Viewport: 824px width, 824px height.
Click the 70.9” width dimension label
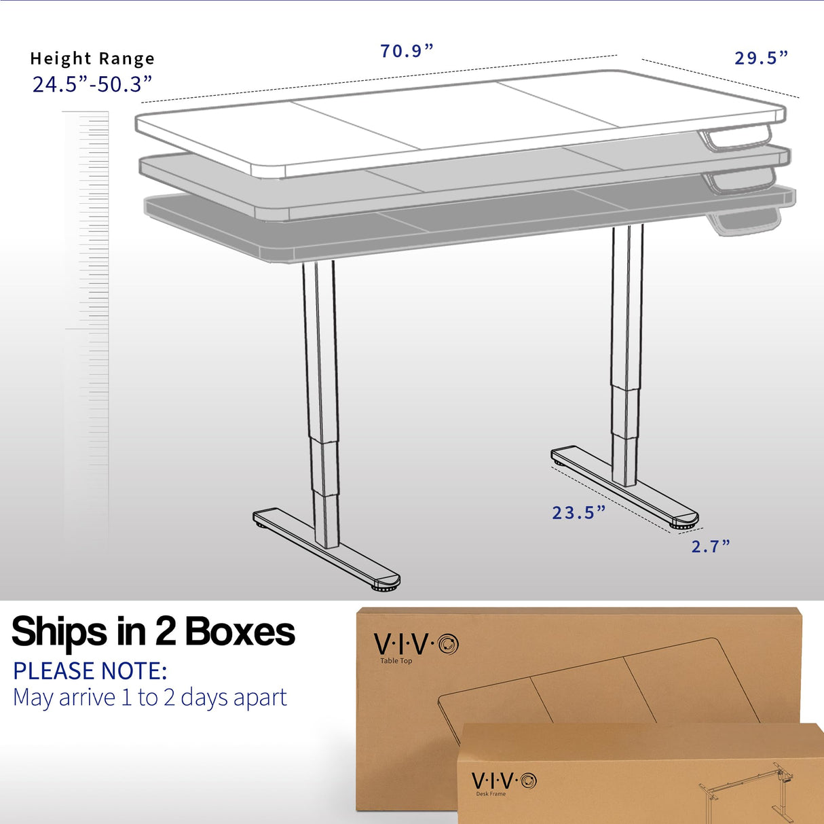tap(407, 51)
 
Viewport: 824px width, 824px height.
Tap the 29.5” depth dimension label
tap(761, 58)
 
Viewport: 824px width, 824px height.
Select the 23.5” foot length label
tap(578, 512)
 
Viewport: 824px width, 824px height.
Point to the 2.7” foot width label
tap(711, 546)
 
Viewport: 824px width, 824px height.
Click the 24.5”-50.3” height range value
tap(92, 84)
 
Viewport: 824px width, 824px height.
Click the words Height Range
tap(92, 59)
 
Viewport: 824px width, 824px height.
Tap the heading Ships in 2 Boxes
tap(153, 632)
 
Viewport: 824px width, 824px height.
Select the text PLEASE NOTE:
tap(90, 671)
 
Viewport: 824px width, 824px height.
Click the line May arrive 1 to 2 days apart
tap(150, 698)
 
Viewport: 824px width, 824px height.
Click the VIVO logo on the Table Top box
tap(416, 643)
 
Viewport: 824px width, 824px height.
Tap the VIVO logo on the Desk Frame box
tap(504, 780)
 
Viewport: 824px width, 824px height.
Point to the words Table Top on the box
tap(396, 661)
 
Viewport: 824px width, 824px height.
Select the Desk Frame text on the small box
tap(491, 793)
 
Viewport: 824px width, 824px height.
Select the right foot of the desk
tap(624, 485)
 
